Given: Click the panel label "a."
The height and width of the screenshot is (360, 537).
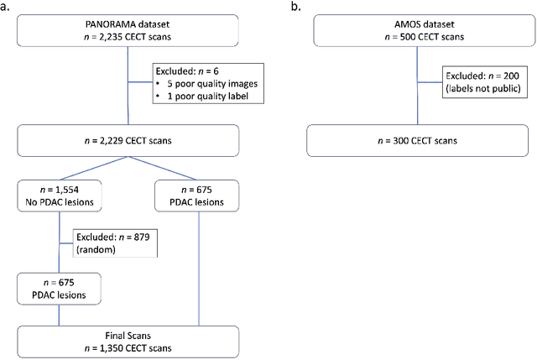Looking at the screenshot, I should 7,7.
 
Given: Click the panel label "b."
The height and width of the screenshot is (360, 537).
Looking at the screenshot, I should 296,7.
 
